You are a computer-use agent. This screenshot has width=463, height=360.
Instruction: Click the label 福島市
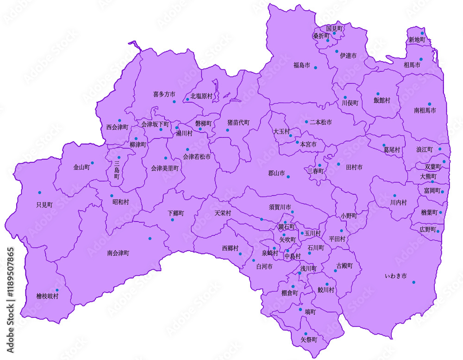(301, 65)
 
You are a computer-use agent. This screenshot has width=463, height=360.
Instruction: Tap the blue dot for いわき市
(413, 282)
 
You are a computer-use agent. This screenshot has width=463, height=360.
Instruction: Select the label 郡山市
(276, 174)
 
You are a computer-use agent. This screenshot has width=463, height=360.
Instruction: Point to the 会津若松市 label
(197, 157)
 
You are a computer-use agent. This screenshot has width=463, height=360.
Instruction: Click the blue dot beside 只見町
(39, 192)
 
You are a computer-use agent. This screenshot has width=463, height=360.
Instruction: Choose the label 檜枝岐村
(48, 296)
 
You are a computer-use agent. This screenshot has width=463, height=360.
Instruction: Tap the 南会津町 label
(118, 253)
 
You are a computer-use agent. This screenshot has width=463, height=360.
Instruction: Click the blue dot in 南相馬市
(429, 104)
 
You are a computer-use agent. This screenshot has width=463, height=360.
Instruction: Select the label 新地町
(417, 40)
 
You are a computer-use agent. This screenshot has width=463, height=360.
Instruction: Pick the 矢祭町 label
(309, 339)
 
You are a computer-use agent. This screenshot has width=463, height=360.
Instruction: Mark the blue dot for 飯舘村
(378, 94)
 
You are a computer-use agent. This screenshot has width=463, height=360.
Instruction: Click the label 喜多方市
(164, 94)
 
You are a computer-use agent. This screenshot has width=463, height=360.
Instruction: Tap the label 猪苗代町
(238, 123)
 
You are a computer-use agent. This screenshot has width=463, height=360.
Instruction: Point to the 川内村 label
(398, 203)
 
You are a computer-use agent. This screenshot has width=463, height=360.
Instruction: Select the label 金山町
(81, 168)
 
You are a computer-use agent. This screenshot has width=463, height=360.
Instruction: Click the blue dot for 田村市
(338, 164)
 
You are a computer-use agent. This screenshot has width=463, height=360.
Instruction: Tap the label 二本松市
(320, 122)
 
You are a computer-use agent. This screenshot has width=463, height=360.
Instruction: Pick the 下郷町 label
(175, 213)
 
